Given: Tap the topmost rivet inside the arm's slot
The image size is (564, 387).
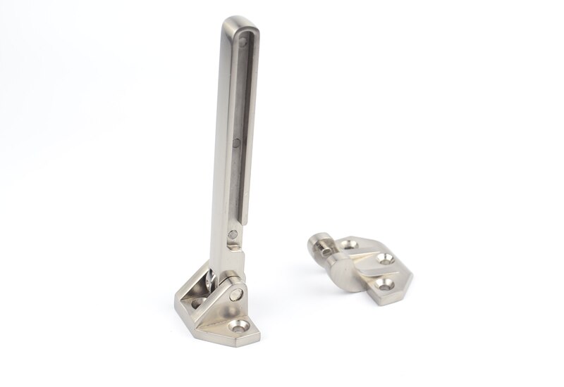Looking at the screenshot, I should tap(242, 43).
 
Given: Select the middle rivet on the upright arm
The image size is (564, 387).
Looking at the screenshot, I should tap(235, 145).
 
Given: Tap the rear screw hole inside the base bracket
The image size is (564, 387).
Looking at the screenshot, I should tap(197, 303).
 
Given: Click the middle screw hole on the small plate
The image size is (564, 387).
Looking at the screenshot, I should tap(384, 259).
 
